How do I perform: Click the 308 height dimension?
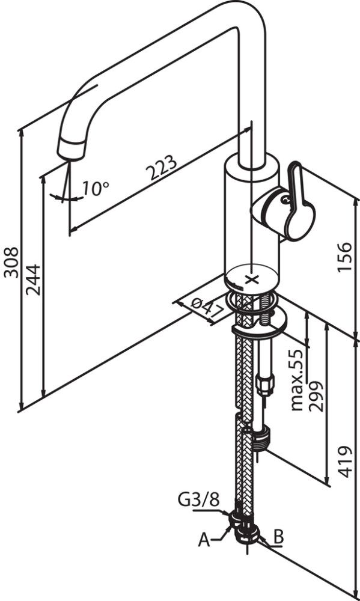(11, 262)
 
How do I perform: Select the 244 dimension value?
(33, 279)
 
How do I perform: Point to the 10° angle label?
(96, 188)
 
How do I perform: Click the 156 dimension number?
(344, 257)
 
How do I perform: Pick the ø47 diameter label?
(207, 308)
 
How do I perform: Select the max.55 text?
(297, 380)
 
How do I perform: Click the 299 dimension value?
(316, 396)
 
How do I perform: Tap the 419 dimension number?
(345, 462)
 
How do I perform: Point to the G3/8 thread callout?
(198, 499)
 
